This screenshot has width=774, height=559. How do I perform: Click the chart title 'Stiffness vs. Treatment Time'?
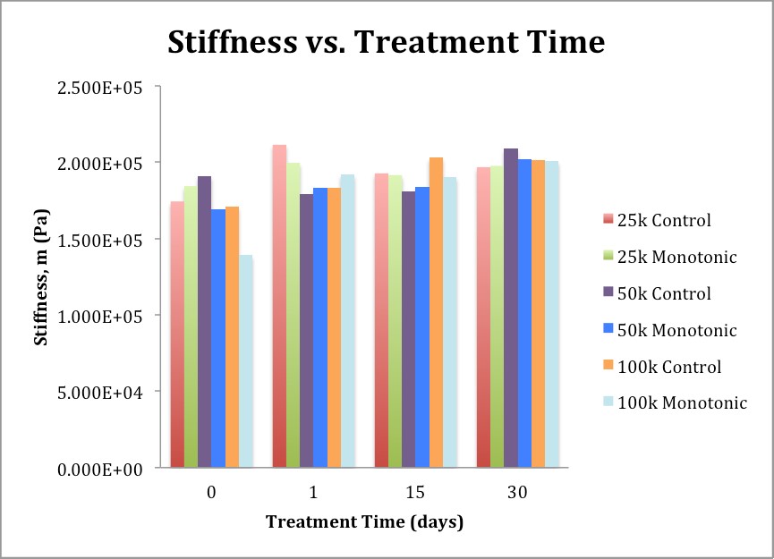(386, 42)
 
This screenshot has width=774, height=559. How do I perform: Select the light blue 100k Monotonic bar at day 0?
(246, 361)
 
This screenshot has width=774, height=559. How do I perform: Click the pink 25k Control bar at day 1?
(279, 306)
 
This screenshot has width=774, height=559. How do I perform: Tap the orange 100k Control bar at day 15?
(436, 312)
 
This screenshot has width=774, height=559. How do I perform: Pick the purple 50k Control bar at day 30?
(511, 308)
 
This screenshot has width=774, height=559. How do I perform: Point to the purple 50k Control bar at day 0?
(204, 322)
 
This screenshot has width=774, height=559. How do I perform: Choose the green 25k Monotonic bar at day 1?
(293, 315)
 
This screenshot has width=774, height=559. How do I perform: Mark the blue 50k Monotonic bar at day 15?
(422, 327)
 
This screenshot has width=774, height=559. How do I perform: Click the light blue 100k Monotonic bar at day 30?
(552, 314)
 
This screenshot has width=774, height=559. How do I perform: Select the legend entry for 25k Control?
(657, 220)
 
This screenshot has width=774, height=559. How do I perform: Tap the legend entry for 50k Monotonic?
(670, 330)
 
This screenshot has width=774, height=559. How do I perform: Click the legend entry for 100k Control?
(662, 367)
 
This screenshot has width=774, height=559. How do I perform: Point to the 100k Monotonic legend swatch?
(608, 402)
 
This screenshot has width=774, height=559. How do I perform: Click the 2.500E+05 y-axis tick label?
(99, 88)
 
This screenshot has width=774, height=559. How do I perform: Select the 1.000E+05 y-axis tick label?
(99, 317)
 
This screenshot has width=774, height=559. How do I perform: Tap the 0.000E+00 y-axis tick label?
(99, 470)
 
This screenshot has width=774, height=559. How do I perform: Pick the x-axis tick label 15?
(415, 492)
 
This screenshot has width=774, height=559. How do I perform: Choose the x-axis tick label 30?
(517, 492)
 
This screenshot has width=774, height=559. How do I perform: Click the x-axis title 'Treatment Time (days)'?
(365, 522)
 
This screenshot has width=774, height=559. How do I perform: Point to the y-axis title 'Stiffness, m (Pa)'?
(41, 277)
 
